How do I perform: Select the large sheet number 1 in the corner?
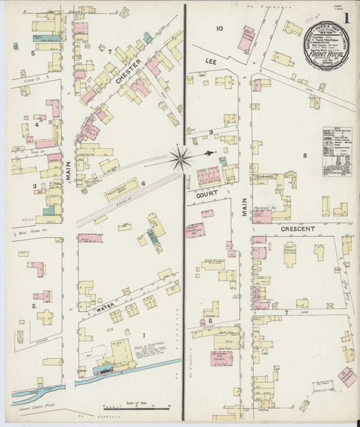pos(346,15)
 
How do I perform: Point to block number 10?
pos(220,29)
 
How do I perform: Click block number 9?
pos(211,132)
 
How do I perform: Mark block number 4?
pos(36,125)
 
